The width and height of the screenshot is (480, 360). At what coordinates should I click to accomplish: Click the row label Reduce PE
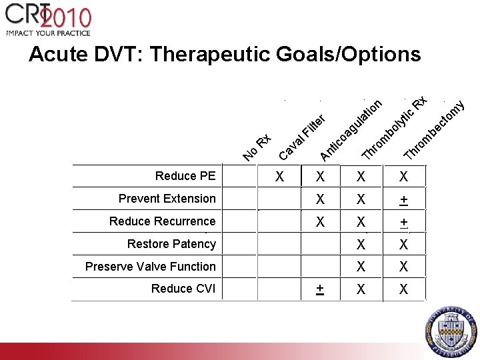(185, 176)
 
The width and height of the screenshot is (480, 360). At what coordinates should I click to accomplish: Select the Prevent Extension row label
(167, 199)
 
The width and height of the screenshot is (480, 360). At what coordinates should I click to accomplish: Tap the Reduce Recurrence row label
(163, 221)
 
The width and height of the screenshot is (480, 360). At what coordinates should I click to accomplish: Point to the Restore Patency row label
(171, 244)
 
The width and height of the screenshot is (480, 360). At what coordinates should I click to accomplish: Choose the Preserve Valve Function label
(151, 267)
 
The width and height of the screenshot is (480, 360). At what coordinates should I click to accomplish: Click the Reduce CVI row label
(183, 289)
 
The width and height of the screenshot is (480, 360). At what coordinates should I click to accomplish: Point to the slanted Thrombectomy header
(435, 130)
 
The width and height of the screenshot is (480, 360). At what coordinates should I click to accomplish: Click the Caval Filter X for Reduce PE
(281, 177)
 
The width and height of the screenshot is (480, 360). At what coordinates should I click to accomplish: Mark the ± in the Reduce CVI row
(321, 289)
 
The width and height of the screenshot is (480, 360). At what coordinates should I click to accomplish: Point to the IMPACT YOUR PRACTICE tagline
(48, 33)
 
